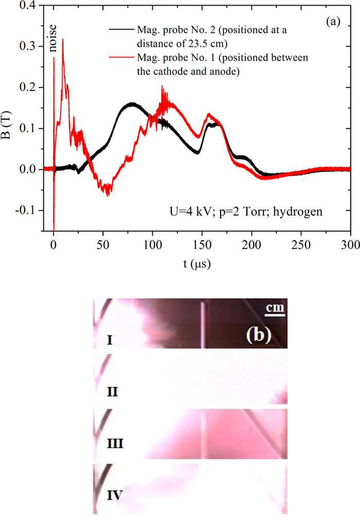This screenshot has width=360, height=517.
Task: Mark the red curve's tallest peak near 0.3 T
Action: [x=63, y=39]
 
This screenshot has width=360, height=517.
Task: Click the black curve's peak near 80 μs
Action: [x=132, y=103]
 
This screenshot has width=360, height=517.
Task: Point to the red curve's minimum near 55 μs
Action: [x=107, y=194]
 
